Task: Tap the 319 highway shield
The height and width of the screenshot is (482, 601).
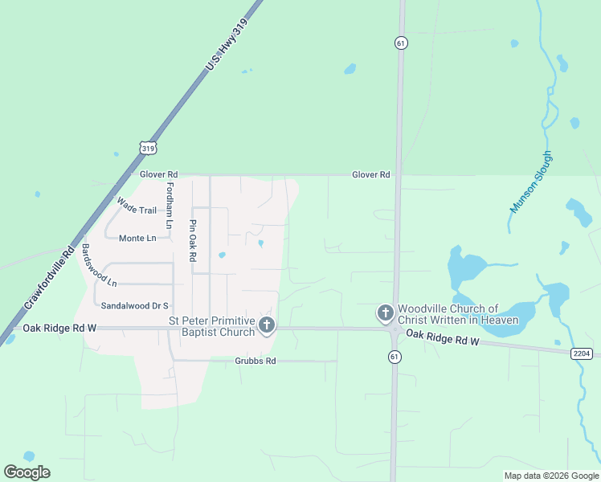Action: tap(147, 148)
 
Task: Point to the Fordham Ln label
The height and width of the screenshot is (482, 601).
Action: tap(170, 206)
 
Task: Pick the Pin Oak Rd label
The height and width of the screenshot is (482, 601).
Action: tap(193, 240)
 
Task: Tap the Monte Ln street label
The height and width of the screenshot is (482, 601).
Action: tap(137, 239)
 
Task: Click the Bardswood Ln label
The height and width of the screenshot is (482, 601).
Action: tap(99, 266)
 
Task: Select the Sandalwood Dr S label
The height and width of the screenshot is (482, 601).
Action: tap(135, 305)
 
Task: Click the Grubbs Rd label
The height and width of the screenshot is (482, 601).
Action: tap(256, 361)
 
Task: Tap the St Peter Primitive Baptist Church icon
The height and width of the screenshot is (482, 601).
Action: tap(267, 325)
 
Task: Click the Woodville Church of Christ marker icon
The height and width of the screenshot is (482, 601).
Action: tap(385, 312)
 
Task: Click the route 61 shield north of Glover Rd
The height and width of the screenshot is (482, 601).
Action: tap(400, 43)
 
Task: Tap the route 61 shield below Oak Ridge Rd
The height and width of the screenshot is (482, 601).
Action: tap(394, 356)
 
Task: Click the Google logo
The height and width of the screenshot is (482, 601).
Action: tap(27, 472)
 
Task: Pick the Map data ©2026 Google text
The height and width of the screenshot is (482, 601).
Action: tap(550, 476)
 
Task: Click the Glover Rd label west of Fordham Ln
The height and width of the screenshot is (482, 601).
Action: tap(158, 174)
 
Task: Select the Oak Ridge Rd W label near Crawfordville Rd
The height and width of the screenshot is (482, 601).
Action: tap(59, 328)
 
